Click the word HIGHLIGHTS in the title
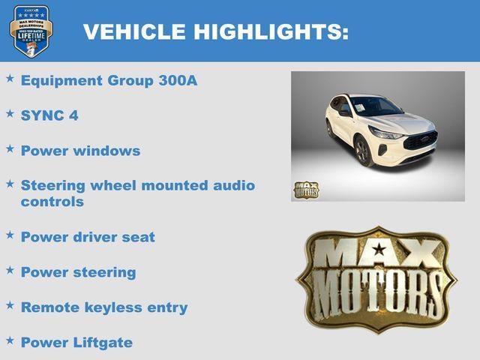[271, 31]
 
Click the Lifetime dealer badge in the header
[31, 31]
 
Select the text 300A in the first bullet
[178, 80]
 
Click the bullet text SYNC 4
[49, 115]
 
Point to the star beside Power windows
[10, 148]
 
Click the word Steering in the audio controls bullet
[51, 185]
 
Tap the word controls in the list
[52, 202]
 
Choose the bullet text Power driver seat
[88, 237]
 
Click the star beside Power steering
[10, 270]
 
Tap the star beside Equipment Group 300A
[10, 78]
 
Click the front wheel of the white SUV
[364, 151]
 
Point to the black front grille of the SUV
[420, 140]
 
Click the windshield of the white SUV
[376, 106]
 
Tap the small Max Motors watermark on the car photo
[306, 190]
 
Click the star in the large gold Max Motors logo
[379, 249]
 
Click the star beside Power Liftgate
[10, 340]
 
